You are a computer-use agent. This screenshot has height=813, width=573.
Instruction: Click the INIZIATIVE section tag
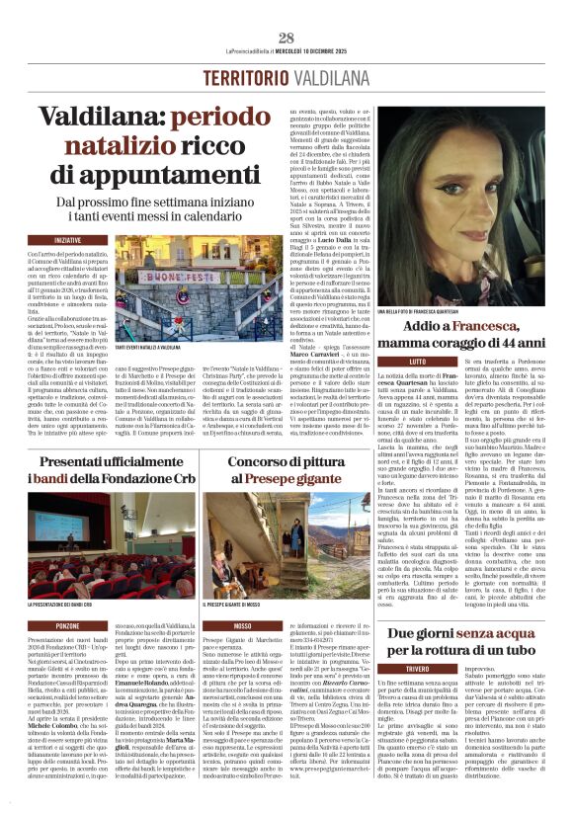pos(68,240)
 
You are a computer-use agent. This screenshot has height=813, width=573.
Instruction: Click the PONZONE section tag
pos(68,626)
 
